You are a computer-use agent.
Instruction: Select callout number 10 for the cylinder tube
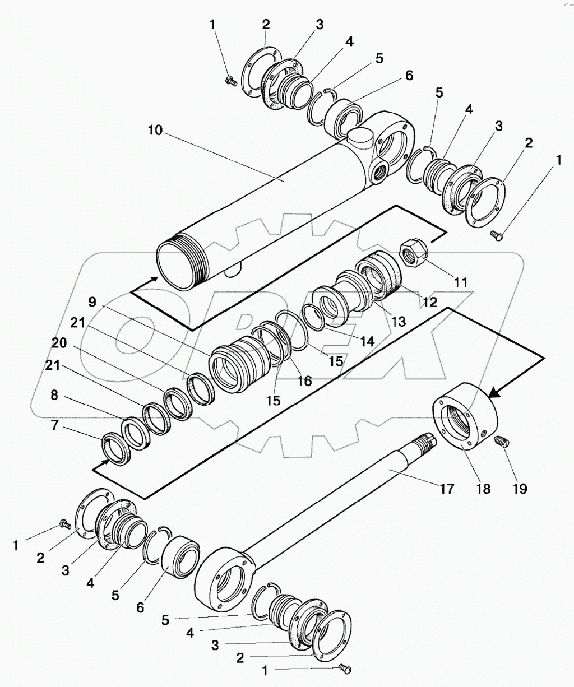[155, 131]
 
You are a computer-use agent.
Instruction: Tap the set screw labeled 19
[502, 442]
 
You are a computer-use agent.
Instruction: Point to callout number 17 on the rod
[446, 489]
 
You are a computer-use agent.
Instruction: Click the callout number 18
[483, 489]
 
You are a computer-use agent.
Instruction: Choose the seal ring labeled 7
[117, 449]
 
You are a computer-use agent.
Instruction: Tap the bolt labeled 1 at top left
[229, 81]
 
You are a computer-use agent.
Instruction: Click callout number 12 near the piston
[429, 303]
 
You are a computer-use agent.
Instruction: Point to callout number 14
[367, 340]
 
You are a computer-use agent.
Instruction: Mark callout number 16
[304, 381]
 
